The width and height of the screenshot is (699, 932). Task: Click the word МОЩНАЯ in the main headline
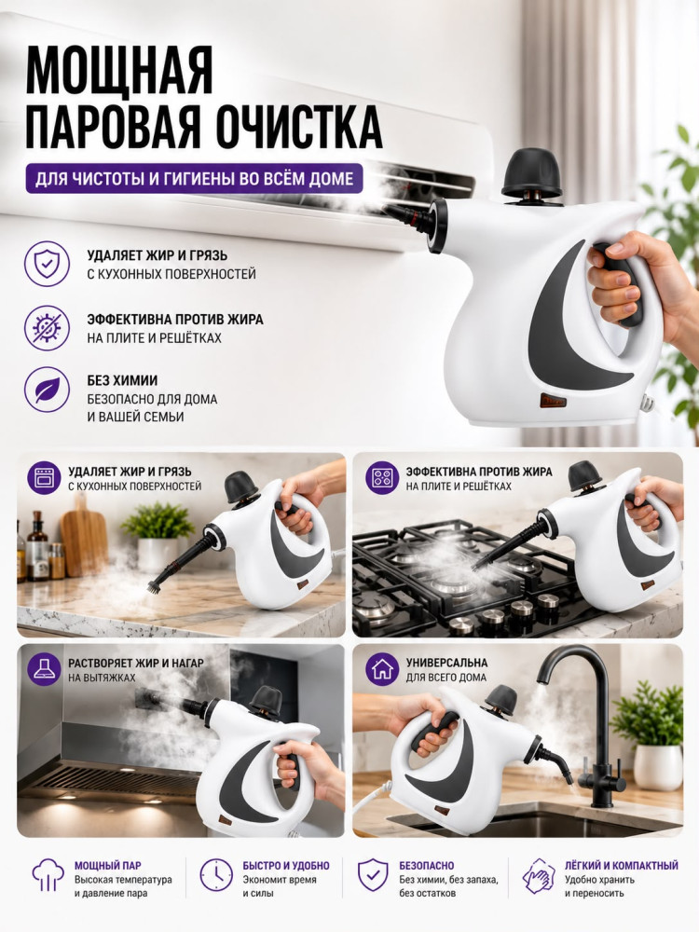(119, 69)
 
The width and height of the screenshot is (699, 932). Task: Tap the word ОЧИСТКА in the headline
(299, 126)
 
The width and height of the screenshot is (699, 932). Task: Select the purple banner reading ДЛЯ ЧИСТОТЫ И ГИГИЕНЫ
(194, 178)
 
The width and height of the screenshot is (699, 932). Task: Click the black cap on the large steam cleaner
(532, 172)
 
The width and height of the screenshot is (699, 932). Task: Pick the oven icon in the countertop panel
(44, 478)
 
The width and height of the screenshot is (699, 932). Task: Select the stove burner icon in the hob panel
(381, 478)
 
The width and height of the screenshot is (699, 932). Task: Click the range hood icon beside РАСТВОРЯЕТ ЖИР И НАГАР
(44, 669)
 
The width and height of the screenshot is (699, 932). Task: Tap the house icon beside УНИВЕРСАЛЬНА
(381, 669)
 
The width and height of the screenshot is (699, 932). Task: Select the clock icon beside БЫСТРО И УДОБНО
(216, 875)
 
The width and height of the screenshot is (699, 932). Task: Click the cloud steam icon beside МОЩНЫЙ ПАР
(48, 875)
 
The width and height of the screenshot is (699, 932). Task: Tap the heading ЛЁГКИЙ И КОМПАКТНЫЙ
(621, 866)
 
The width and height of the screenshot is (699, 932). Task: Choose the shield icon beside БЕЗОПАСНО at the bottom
(373, 875)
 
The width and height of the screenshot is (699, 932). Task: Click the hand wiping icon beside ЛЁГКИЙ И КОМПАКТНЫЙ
(539, 875)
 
